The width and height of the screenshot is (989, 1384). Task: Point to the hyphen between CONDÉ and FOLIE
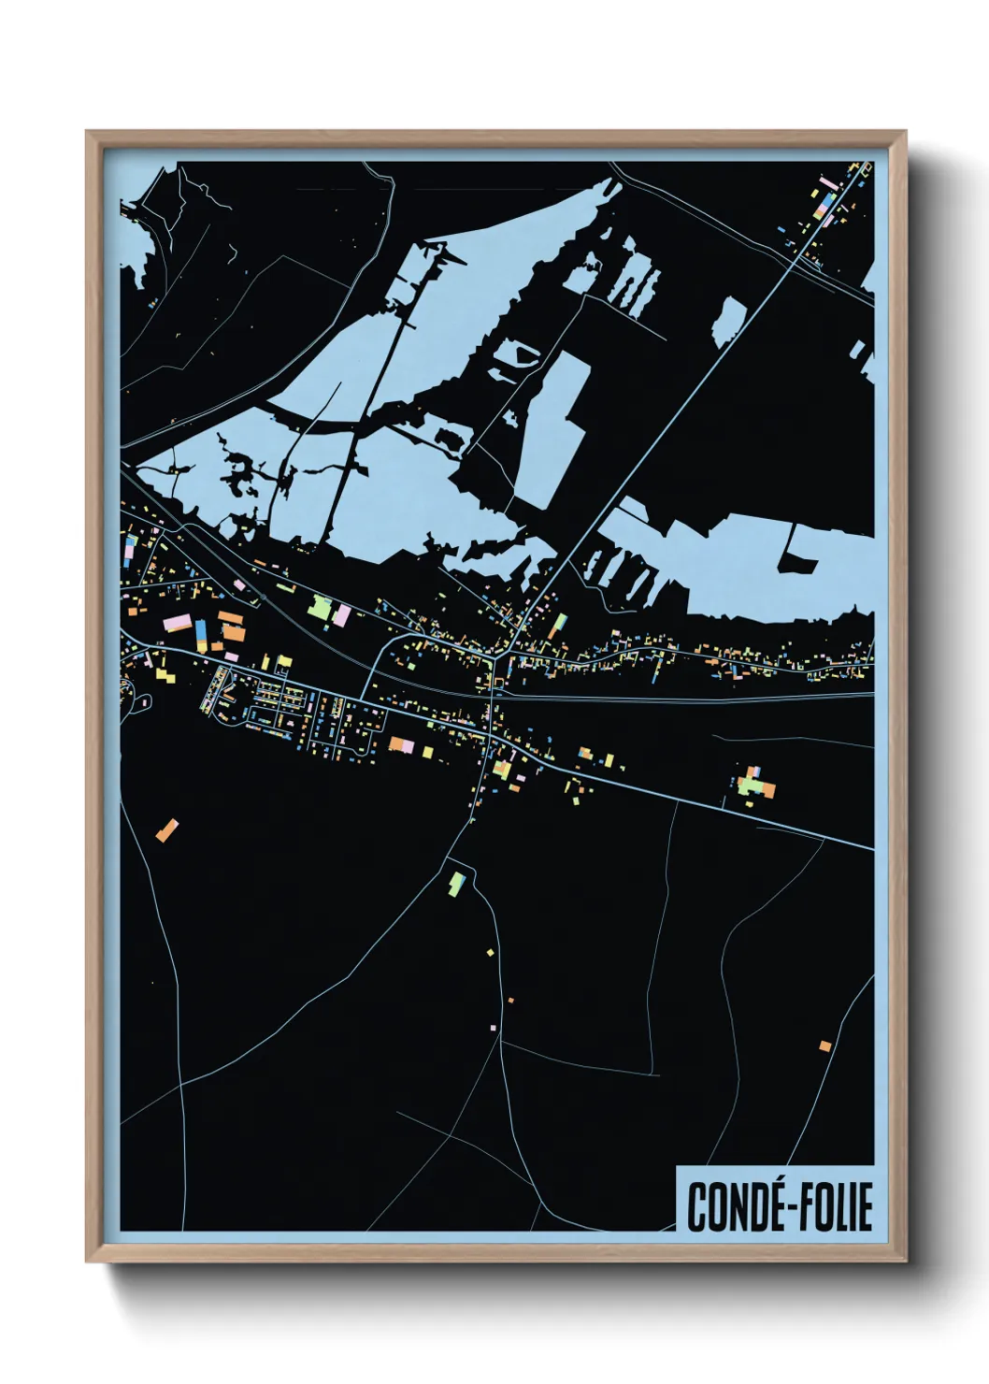click(781, 1208)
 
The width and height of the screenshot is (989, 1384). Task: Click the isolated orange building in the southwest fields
click(167, 829)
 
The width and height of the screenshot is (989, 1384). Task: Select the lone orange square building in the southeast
click(824, 1045)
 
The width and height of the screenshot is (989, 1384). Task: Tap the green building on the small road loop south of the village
click(457, 882)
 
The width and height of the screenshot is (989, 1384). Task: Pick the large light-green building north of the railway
click(321, 609)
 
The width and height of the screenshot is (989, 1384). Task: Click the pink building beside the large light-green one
click(342, 615)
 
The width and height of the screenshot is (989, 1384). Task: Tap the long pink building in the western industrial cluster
click(177, 623)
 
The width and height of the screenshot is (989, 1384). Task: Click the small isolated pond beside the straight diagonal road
click(729, 323)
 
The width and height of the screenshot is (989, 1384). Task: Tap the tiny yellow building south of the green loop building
click(489, 953)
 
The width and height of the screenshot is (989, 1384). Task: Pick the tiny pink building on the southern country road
click(493, 1027)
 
